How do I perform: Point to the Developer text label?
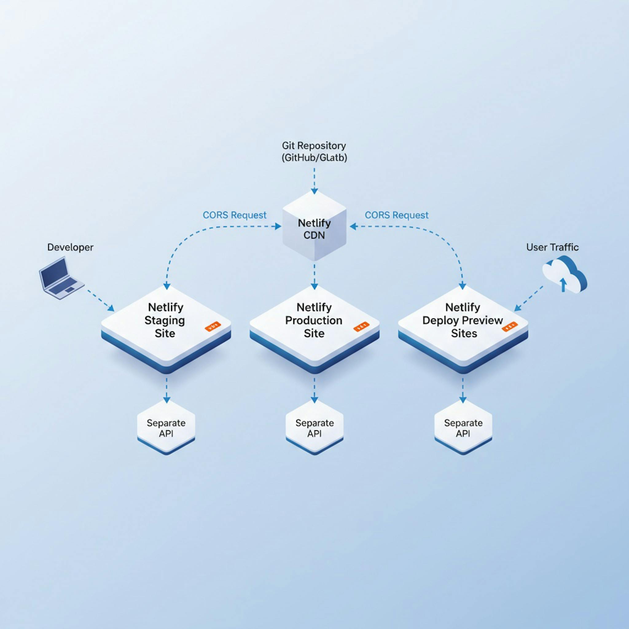click(70, 247)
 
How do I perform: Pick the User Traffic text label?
click(552, 247)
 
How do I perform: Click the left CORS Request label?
click(234, 215)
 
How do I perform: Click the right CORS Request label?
click(396, 215)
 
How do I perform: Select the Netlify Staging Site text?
click(165, 320)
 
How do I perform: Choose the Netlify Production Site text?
click(314, 320)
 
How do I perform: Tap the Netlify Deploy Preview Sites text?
click(463, 320)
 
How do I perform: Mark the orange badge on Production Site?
click(361, 326)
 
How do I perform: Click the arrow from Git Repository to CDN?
click(314, 181)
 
